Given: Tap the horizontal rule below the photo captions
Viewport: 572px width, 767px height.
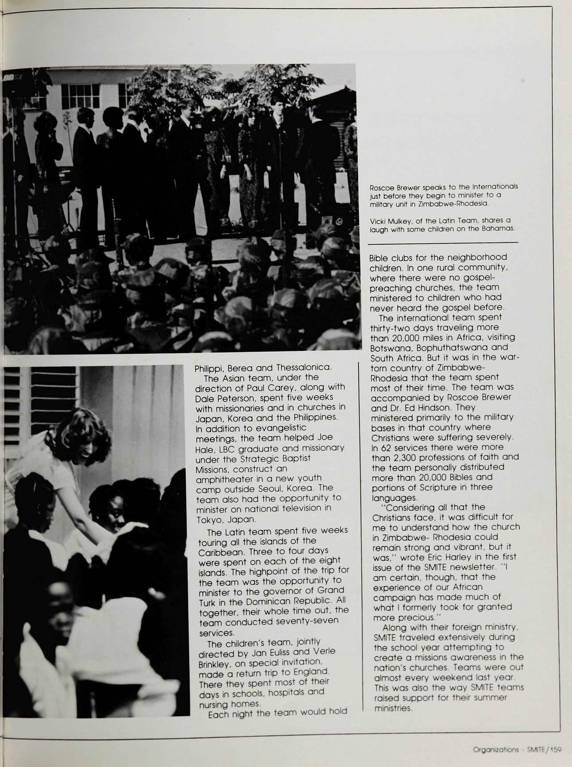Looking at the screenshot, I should click(443, 243).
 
